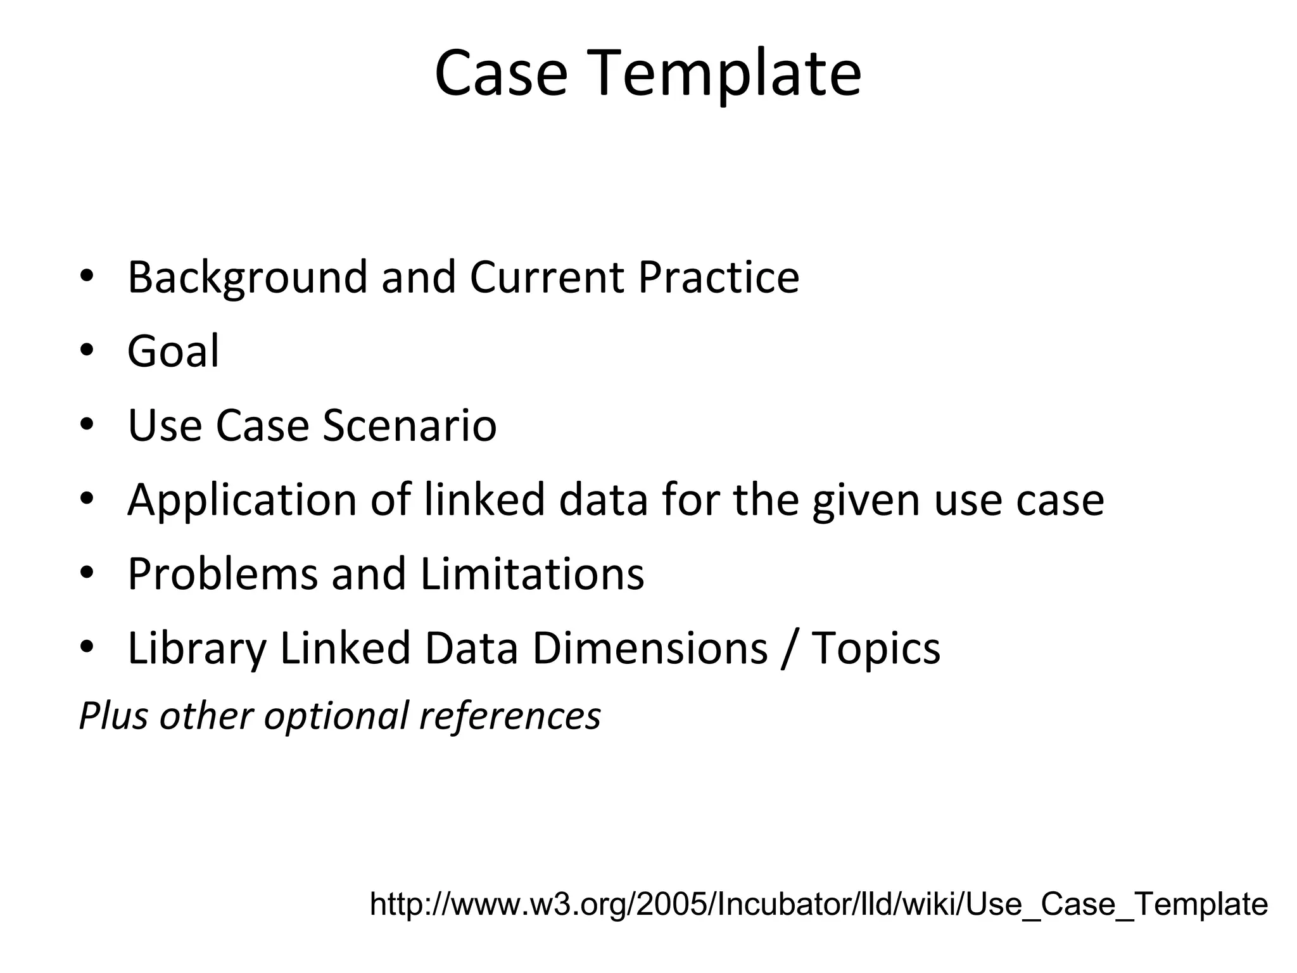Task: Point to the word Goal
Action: [173, 351]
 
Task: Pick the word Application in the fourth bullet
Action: [243, 500]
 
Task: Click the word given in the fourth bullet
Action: [866, 500]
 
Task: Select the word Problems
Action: [222, 574]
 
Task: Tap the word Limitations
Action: [532, 574]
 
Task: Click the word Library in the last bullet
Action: [197, 649]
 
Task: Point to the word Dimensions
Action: [650, 648]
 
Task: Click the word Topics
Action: [876, 649]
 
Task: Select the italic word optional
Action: [337, 716]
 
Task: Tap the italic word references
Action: [510, 716]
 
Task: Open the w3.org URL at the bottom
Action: [818, 904]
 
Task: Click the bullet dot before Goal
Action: [87, 350]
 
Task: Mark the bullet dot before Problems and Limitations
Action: [87, 573]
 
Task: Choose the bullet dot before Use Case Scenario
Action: [87, 424]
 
